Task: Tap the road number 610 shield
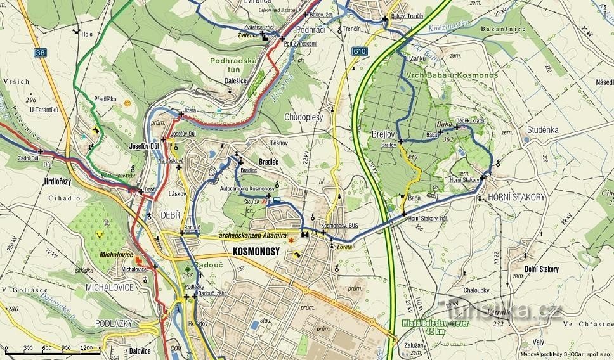coord(360,51)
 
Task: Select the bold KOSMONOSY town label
coord(256,252)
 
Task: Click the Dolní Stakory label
coord(542,269)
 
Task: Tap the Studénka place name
coord(542,130)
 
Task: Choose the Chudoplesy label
coord(304,117)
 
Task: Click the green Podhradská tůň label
coord(233,65)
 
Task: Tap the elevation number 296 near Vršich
coord(30,100)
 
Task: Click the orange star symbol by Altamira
coord(291,241)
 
